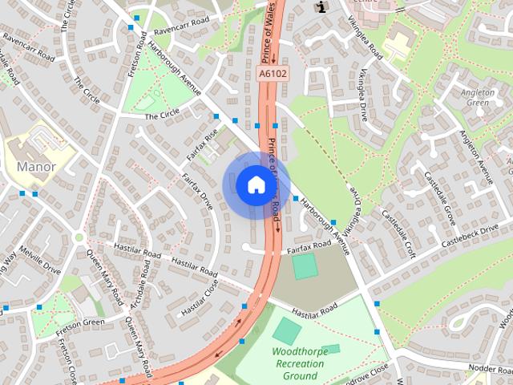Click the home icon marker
(x=256, y=184)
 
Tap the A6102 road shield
(x=272, y=74)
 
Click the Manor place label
(x=36, y=167)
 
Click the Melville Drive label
(x=41, y=260)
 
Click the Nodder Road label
(x=491, y=366)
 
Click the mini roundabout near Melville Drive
(x=79, y=237)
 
